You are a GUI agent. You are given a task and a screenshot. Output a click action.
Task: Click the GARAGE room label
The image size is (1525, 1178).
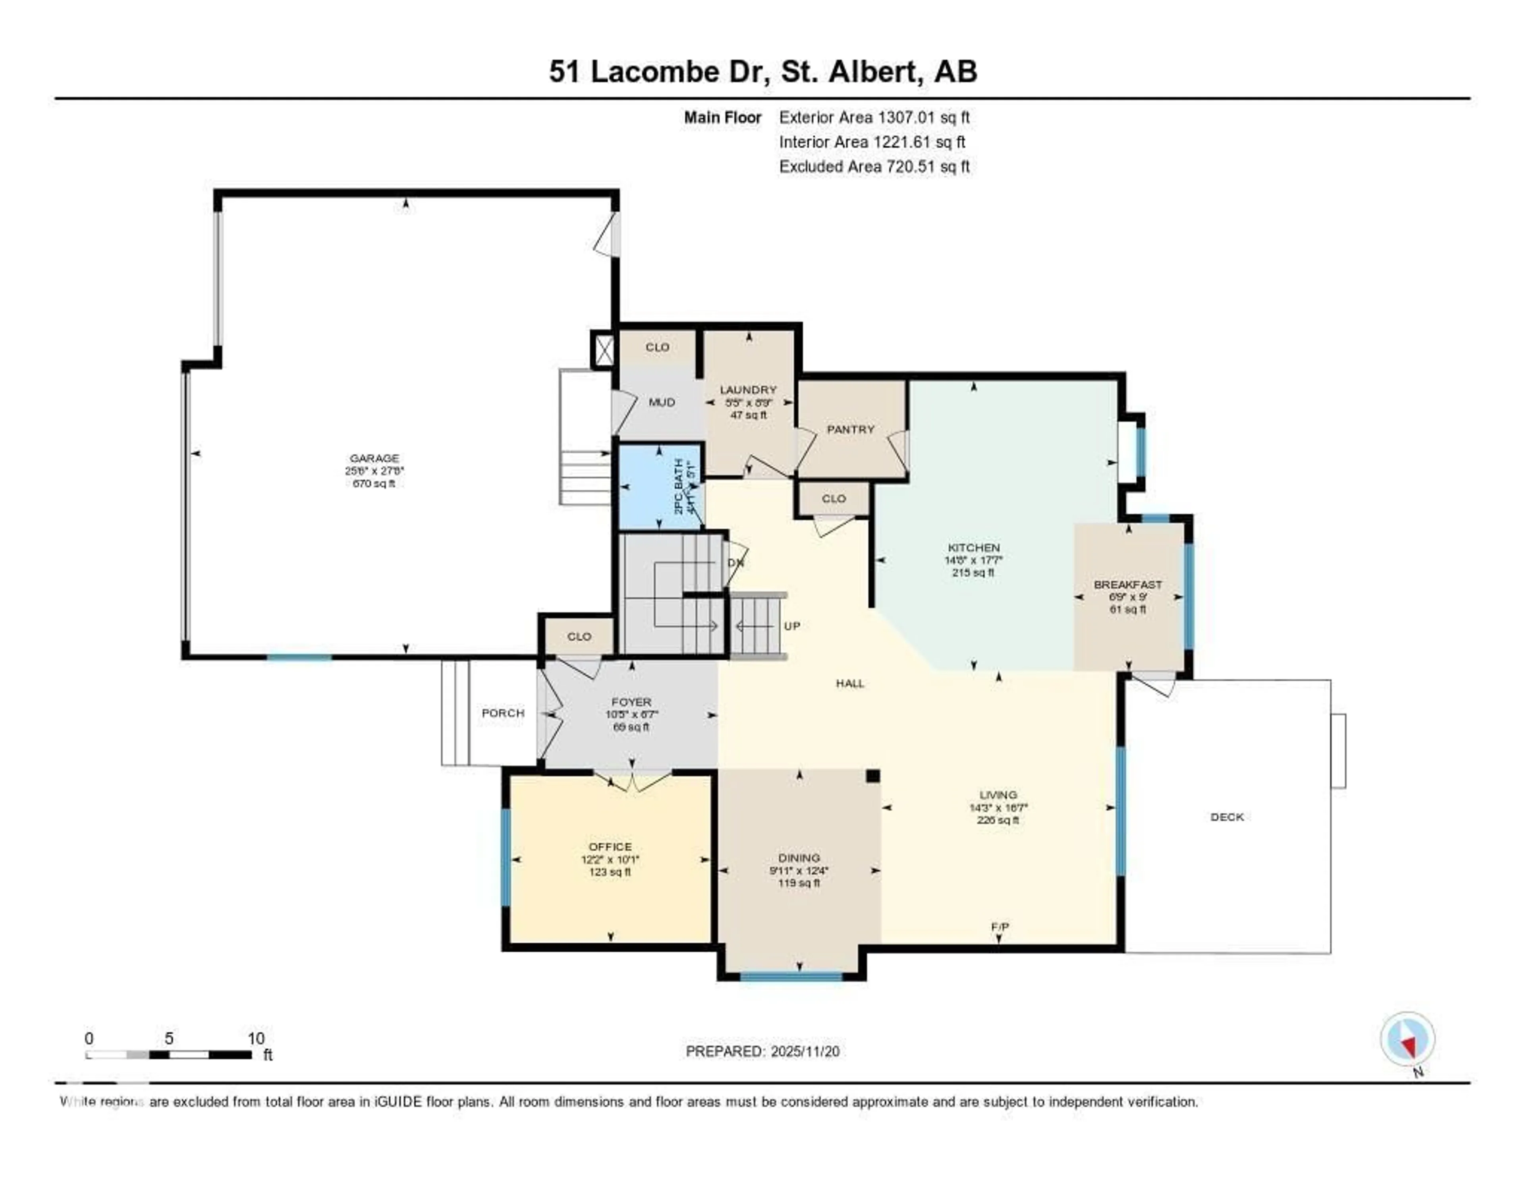374,458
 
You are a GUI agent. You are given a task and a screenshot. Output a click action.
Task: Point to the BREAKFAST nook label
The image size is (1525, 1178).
1128,585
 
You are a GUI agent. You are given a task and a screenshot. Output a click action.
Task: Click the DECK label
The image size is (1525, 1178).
1227,817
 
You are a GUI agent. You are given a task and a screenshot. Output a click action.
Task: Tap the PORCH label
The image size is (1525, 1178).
503,713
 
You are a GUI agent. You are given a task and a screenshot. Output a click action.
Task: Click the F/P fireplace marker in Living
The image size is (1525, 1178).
999,927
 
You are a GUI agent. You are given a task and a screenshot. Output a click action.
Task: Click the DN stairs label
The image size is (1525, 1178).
735,562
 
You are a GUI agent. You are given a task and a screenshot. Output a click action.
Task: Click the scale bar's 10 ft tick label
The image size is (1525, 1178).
256,1038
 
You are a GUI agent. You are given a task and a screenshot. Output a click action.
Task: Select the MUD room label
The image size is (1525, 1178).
661,402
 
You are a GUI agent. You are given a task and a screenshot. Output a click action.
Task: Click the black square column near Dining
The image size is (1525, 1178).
872,776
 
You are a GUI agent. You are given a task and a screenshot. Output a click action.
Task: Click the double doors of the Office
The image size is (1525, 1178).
632,781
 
